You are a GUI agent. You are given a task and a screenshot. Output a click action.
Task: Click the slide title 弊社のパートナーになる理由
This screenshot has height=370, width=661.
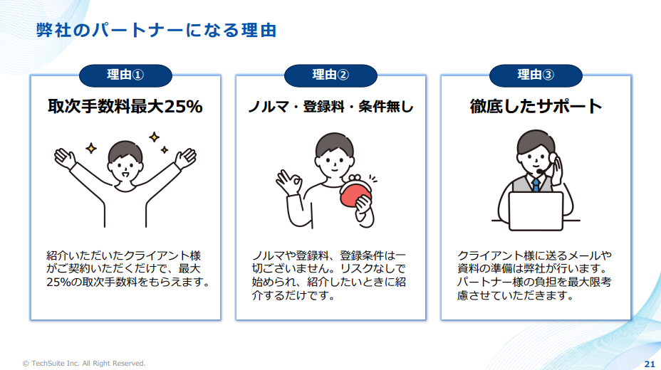point(157,31)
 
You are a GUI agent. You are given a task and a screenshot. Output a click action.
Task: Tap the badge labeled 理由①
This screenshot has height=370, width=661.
point(125,75)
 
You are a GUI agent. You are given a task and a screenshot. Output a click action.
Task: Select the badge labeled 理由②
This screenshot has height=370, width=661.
point(330,75)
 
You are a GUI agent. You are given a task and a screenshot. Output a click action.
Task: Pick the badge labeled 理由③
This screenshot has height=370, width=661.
point(536,75)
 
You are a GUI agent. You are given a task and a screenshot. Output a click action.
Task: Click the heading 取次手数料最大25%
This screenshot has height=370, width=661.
point(125,107)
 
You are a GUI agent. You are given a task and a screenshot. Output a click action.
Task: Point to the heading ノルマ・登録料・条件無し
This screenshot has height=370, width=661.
point(331,107)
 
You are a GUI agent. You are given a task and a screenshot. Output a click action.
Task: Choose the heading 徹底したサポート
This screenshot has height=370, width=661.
point(536,107)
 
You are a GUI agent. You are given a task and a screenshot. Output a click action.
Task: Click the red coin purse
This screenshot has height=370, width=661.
point(355,193)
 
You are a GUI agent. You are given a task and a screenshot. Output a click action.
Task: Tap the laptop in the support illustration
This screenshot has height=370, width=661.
point(536,211)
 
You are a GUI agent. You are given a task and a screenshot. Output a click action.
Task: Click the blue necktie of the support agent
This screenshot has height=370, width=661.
point(536,184)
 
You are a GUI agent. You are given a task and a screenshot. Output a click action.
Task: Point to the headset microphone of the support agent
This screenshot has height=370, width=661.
point(540,171)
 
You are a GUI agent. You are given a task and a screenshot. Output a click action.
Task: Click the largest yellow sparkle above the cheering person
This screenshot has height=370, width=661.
point(155,137)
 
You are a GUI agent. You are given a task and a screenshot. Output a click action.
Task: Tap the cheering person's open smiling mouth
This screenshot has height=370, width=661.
point(125,174)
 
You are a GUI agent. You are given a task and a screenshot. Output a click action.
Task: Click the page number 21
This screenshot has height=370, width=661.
point(650,364)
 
